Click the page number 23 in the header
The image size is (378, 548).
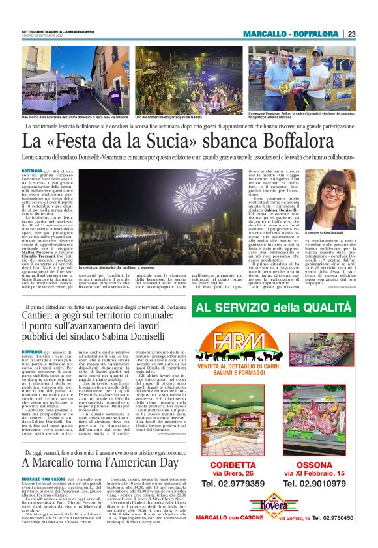click(351, 34)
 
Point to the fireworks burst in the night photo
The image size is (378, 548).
click(189, 193)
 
